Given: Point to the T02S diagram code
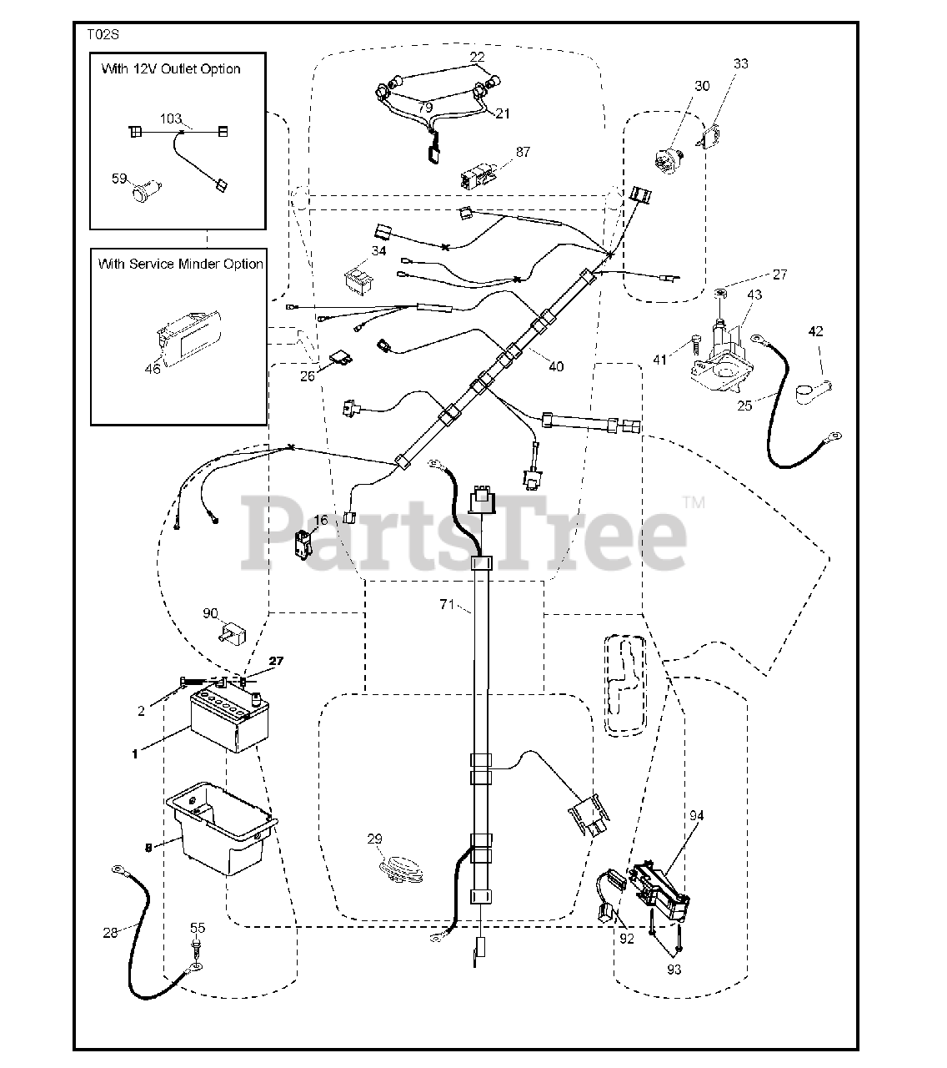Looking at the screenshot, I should tap(103, 36).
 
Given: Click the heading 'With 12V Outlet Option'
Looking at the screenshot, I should tap(171, 69).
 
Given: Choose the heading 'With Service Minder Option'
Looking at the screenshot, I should tap(180, 264).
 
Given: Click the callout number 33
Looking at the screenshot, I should tap(741, 63).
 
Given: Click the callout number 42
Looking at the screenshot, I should tap(816, 331).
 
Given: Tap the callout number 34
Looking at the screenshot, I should tap(379, 251).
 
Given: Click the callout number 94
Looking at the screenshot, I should tap(695, 815).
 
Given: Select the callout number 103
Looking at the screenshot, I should tap(170, 119).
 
